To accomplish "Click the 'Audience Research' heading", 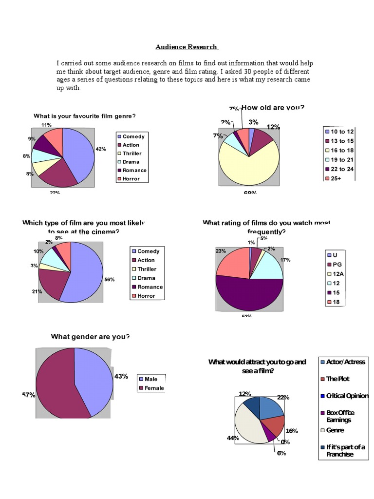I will (187, 47).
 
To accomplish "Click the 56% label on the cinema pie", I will (109, 280).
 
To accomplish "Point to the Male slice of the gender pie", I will (94, 380).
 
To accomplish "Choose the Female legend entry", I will (154, 388).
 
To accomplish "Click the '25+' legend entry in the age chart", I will (337, 178).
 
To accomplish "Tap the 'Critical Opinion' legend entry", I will (346, 396).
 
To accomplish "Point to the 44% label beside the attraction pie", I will (232, 438).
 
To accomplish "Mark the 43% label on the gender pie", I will (121, 376).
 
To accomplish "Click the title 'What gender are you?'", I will (91, 337).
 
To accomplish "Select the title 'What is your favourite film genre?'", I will (84, 116).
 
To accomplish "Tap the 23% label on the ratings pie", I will (220, 251).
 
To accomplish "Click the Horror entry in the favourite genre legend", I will (131, 179).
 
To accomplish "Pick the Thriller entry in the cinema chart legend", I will (146, 269).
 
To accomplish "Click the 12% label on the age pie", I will (273, 127).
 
